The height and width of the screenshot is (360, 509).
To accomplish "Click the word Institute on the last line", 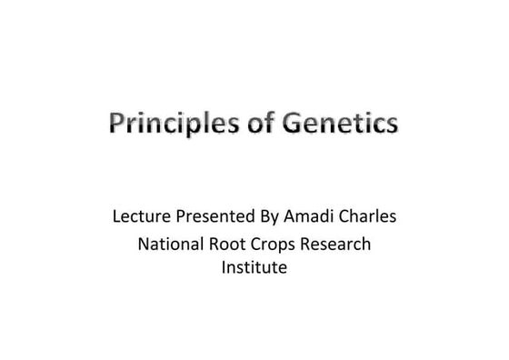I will (254, 268).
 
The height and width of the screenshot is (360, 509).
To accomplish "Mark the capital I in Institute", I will (225, 268).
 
